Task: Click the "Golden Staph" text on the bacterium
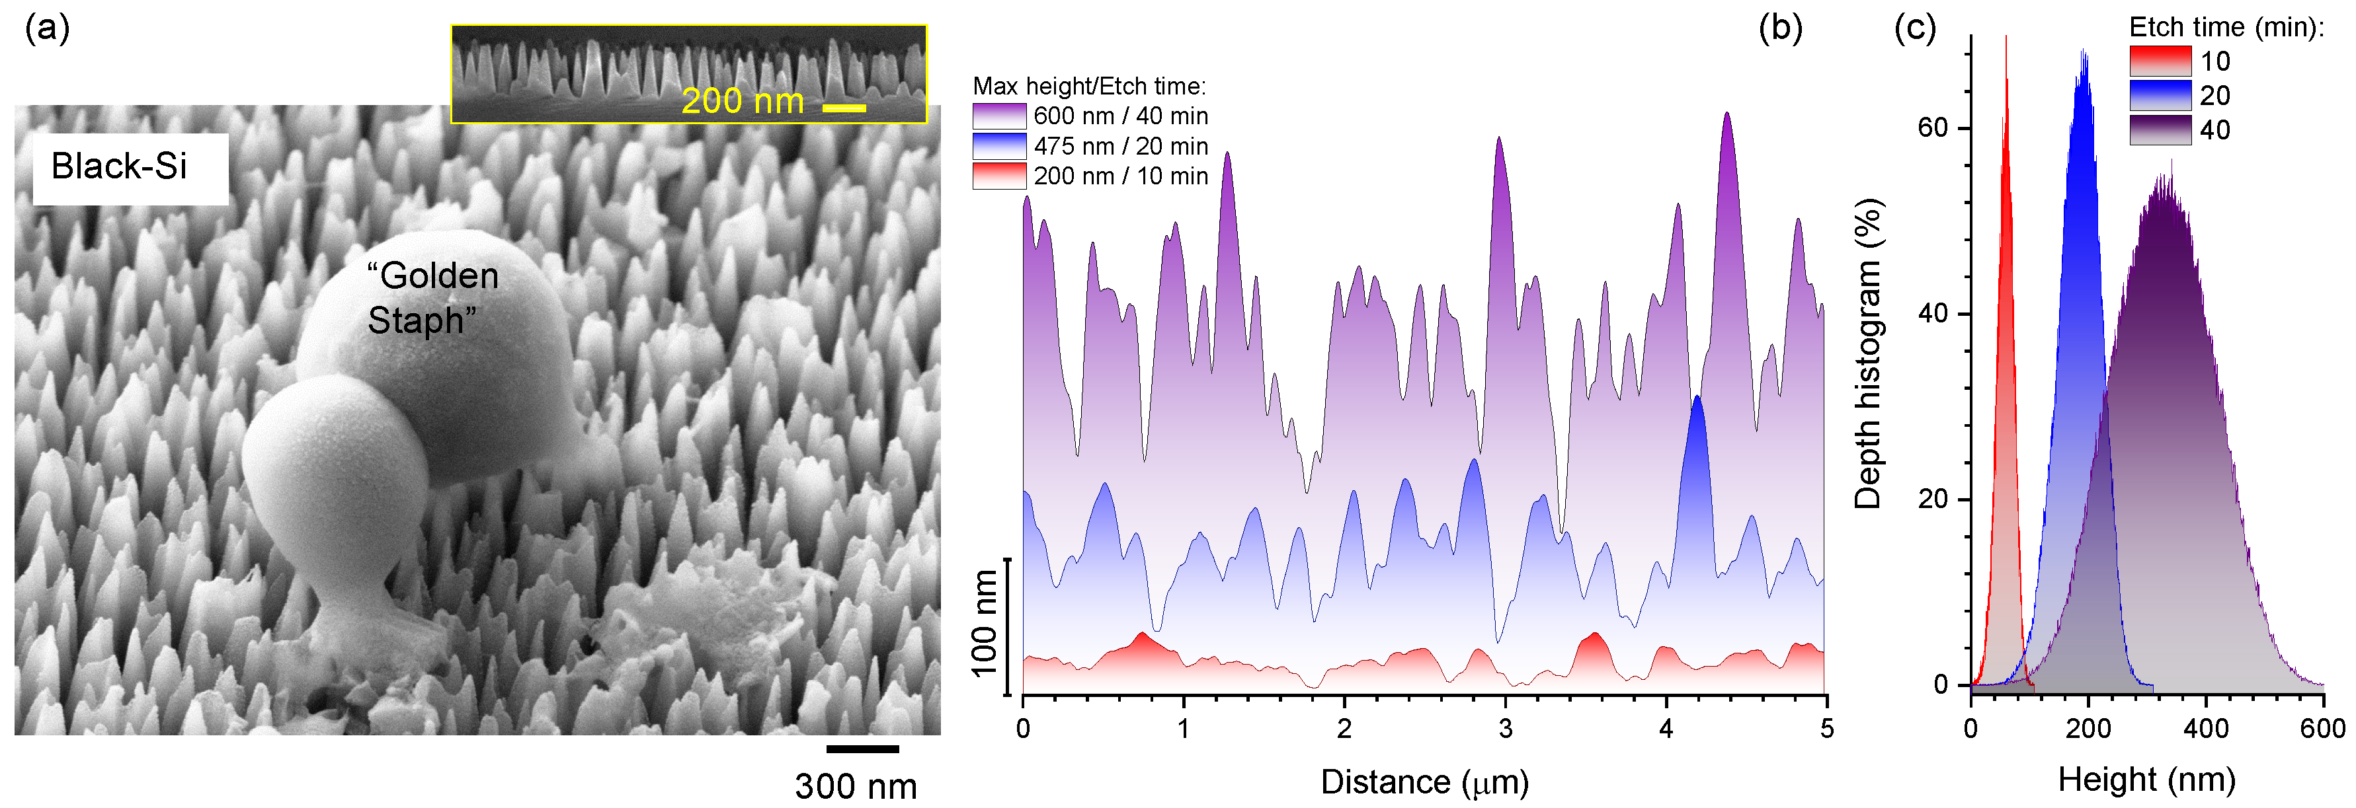[432, 298]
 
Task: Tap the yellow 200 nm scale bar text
[742, 100]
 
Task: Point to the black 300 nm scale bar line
[862, 749]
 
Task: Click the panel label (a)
[47, 29]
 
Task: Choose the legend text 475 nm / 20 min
[1120, 146]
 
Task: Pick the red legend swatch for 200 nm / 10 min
[998, 176]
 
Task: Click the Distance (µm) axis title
[1424, 782]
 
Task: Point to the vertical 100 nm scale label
[984, 624]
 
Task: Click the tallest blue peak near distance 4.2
[1697, 400]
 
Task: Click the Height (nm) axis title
[2146, 780]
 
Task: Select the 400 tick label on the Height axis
[2205, 729]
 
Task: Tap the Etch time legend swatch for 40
[2160, 129]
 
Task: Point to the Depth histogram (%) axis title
[1867, 353]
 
